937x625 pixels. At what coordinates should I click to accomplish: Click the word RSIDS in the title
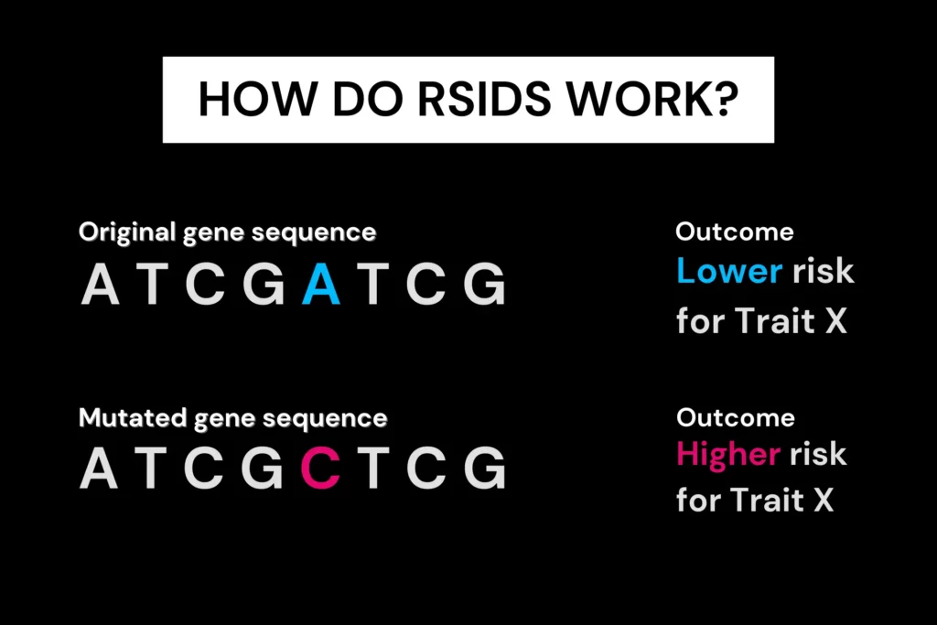[x=484, y=99]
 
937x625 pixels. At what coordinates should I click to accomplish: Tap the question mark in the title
[x=726, y=98]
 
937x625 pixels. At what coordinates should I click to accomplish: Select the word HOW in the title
[x=257, y=99]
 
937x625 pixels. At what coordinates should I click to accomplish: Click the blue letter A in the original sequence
[x=321, y=285]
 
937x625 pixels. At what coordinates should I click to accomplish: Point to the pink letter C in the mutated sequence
[x=320, y=468]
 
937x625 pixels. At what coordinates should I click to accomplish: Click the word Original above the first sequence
[x=127, y=233]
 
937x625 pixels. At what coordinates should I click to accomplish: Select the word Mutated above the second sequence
[x=133, y=417]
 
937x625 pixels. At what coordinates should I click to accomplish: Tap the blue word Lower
[x=729, y=271]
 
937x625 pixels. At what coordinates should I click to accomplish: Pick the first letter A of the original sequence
[x=100, y=285]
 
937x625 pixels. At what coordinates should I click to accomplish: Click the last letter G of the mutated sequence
[x=484, y=468]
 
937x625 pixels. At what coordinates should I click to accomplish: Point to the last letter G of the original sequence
[x=484, y=285]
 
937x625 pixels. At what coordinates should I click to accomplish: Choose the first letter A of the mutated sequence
[x=99, y=468]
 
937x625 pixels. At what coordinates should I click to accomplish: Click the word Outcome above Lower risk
[x=735, y=232]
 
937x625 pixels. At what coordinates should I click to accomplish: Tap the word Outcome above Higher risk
[x=736, y=417]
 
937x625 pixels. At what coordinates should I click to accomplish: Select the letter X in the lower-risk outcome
[x=836, y=321]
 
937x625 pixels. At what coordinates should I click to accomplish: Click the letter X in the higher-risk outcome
[x=824, y=500]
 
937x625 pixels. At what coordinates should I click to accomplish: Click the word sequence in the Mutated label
[x=325, y=419]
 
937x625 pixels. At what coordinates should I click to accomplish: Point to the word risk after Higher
[x=818, y=454]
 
